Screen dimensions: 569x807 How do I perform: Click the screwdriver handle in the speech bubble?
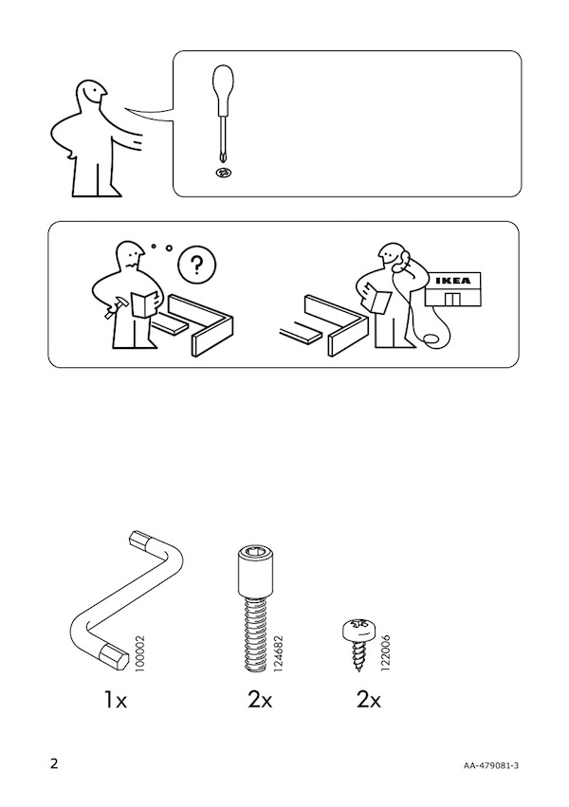tap(223, 89)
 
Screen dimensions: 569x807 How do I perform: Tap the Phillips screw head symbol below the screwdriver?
tap(223, 174)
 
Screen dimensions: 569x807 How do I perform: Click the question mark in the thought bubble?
tap(197, 266)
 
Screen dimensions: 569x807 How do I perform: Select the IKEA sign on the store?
tap(452, 281)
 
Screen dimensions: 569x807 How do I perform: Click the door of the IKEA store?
tap(452, 300)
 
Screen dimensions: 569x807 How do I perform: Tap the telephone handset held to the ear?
tap(402, 260)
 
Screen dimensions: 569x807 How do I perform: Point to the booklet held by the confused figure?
tap(145, 303)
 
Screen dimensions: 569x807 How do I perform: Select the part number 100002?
tap(139, 653)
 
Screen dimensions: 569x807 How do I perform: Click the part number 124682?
tap(279, 653)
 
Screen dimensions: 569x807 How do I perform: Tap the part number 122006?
tap(387, 653)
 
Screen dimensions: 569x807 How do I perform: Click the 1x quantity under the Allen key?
tap(116, 701)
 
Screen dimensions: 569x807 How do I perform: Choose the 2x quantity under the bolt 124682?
tap(260, 701)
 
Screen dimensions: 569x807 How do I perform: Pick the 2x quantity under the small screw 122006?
tap(369, 701)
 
